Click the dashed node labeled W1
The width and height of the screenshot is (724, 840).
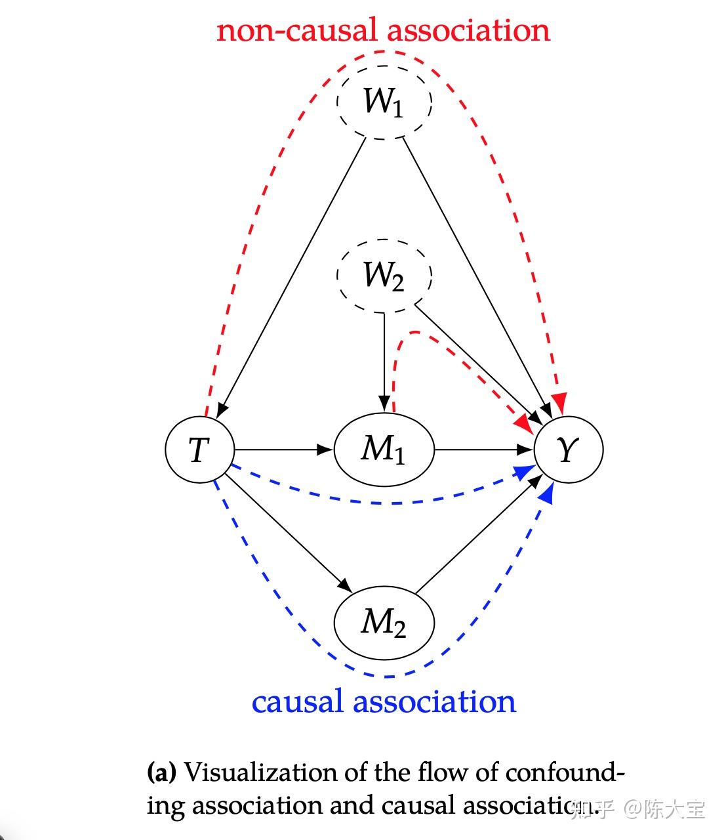click(384, 102)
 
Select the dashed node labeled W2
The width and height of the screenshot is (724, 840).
click(384, 275)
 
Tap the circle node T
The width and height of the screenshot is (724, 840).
click(199, 450)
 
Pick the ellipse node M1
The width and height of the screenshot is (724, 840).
click(384, 450)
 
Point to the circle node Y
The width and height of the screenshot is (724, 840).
click(568, 450)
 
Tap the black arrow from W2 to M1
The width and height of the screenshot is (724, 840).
click(384, 361)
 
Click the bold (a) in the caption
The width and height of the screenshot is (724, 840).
click(161, 772)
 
